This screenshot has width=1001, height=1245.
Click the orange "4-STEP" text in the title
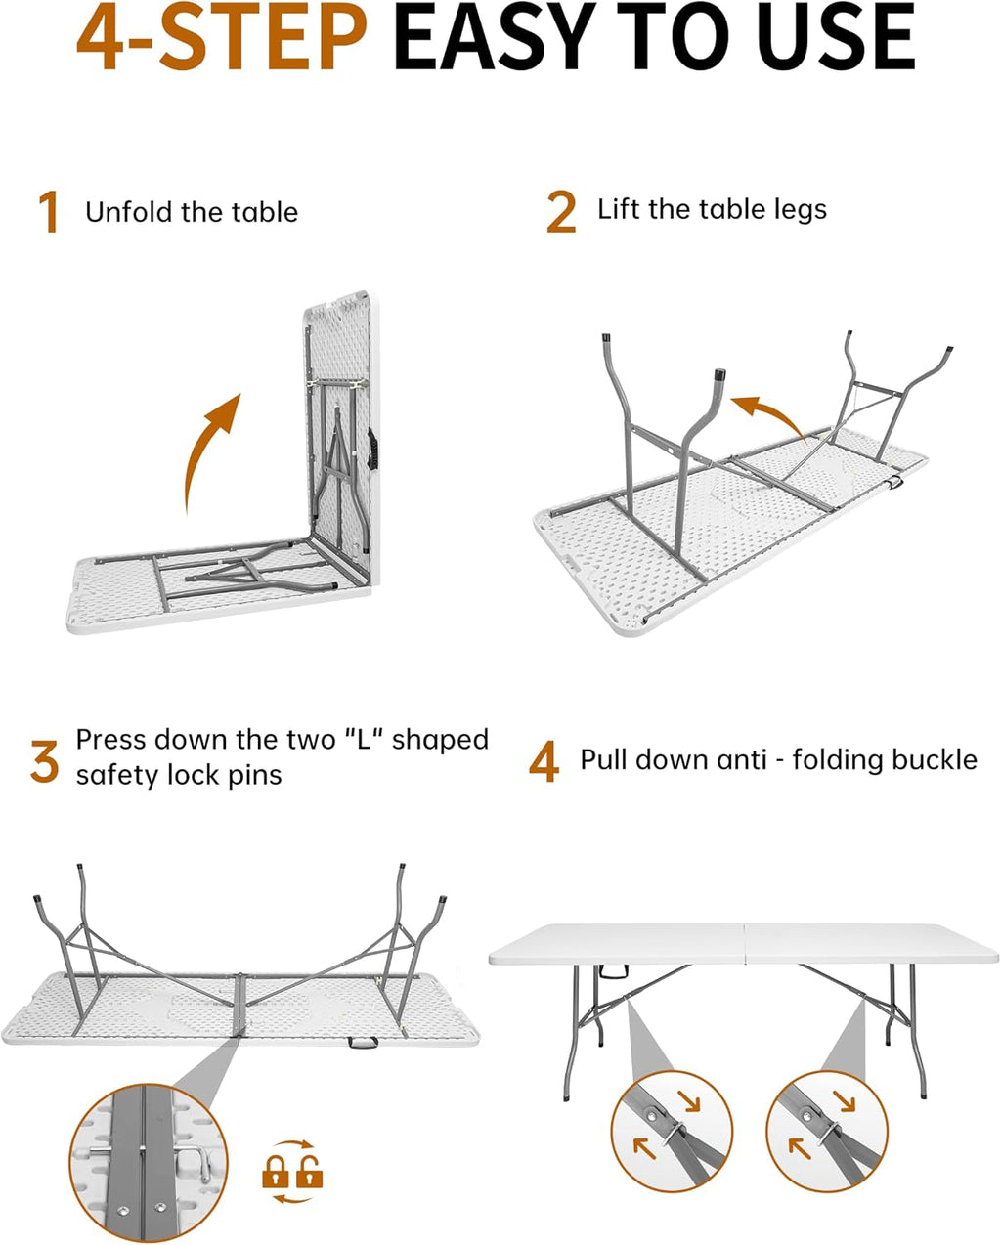(x=221, y=37)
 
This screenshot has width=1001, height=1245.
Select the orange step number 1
(x=49, y=212)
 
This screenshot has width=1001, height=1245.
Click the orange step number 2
(x=561, y=212)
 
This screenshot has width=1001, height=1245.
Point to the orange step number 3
(x=45, y=761)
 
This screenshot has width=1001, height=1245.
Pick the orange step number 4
(x=544, y=761)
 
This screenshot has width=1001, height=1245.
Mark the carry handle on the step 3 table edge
(x=363, y=1042)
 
